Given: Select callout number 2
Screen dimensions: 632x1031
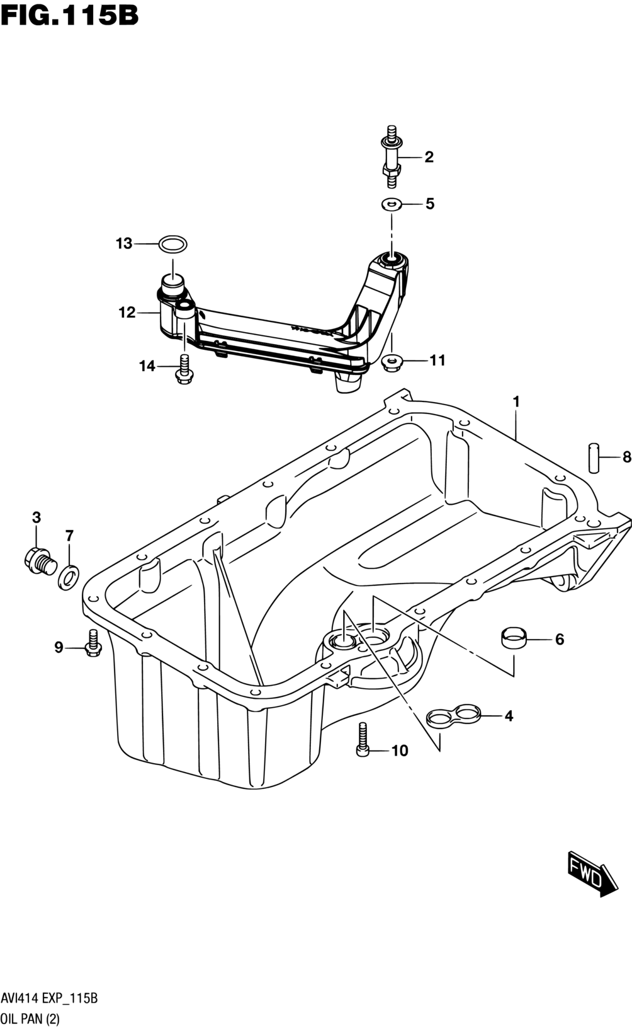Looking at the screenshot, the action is [429, 157].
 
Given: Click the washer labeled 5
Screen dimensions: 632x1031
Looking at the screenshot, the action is [391, 204].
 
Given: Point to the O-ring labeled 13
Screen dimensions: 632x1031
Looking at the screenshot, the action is [173, 243].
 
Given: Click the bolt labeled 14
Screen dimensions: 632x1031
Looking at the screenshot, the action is [184, 369].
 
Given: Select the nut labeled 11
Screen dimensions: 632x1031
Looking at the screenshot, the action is [392, 363].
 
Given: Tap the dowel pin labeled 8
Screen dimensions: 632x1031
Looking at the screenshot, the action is [594, 457].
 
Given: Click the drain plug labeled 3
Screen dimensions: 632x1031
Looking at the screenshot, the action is [39, 561].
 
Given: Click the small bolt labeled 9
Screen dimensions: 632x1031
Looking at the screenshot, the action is [93, 643].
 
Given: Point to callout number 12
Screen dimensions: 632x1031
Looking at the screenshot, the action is [127, 313].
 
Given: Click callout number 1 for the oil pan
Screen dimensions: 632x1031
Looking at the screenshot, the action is [516, 402].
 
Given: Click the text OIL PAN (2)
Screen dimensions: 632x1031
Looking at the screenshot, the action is [30, 1020].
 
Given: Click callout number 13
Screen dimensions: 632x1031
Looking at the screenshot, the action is [123, 243].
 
